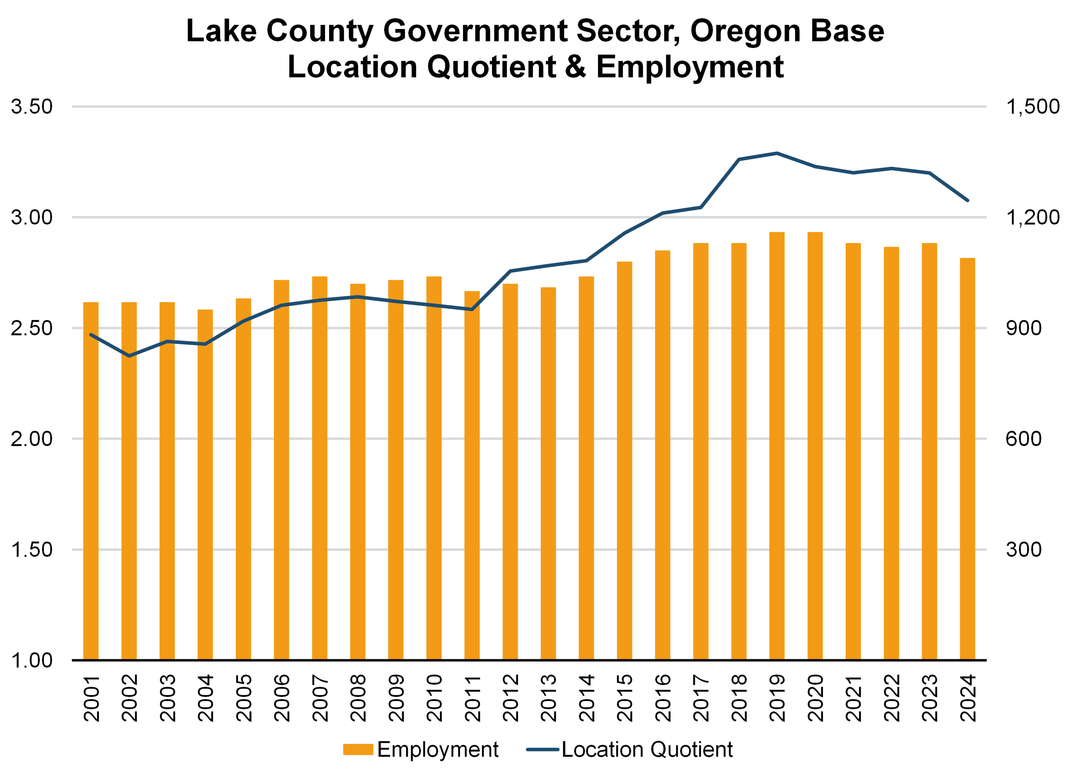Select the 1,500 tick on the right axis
[1033, 107]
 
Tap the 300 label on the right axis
[1023, 549]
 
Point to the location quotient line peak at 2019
[777, 153]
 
